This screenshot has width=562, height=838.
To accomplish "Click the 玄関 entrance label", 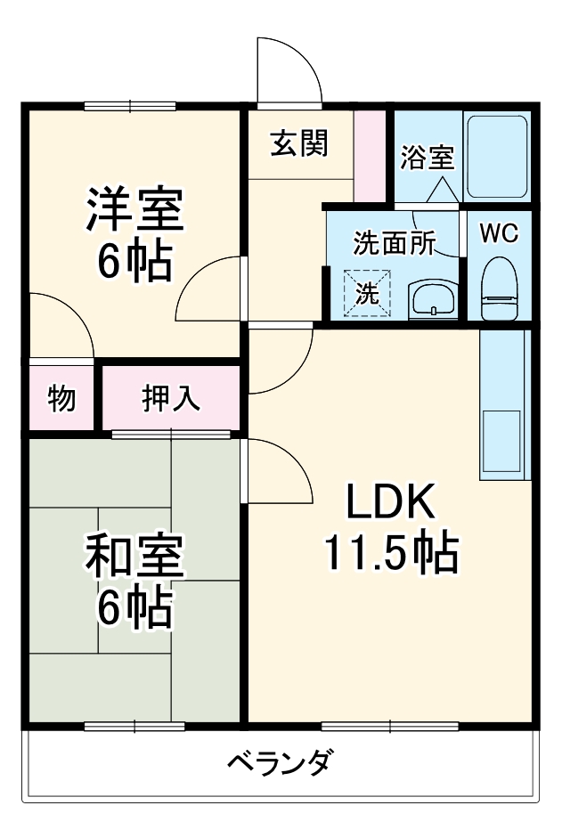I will point(299,142).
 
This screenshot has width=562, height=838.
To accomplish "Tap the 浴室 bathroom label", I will point(428,158).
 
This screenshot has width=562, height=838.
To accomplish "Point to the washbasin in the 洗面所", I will point(434,299).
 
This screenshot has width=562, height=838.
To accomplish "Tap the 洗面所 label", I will point(394,243).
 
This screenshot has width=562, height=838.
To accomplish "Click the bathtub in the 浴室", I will point(497,157).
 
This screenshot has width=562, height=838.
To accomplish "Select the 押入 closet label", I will point(171,398).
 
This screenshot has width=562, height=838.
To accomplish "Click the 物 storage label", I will point(61,398).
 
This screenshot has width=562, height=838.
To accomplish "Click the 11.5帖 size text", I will point(389,554).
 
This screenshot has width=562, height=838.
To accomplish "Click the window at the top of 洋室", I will point(132,106).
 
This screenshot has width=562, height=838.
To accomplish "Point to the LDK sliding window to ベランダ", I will point(389,726).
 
